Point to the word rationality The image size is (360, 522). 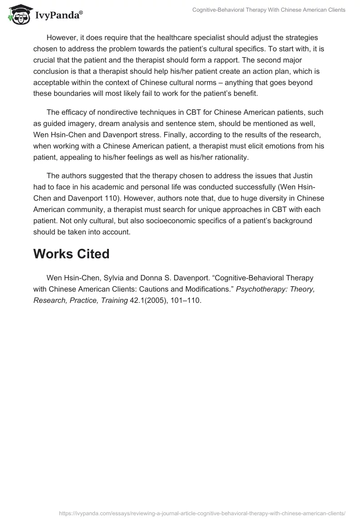tap(226, 157)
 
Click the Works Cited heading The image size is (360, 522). tap(71, 254)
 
